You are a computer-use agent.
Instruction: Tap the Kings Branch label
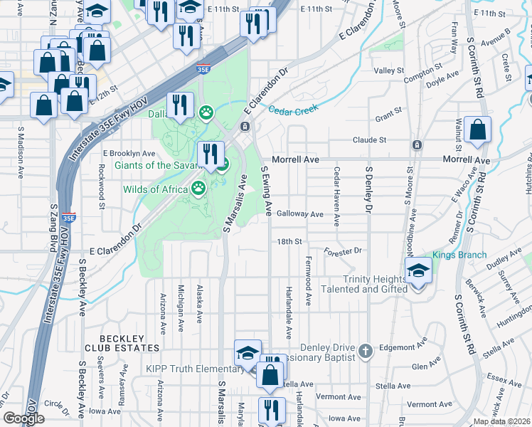[x=459, y=255]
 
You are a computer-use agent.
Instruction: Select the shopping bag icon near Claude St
[x=477, y=131]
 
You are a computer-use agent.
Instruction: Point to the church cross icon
[x=366, y=351]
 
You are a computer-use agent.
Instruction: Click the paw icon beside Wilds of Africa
[x=198, y=189]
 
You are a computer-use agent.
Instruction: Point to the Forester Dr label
[x=343, y=251]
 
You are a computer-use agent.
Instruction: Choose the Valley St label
[x=389, y=71]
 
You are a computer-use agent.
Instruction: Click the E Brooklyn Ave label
[x=129, y=153]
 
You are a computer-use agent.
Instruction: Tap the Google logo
[x=23, y=418]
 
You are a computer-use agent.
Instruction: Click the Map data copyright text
[x=502, y=421]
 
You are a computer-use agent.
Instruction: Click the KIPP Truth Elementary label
[x=194, y=369]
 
